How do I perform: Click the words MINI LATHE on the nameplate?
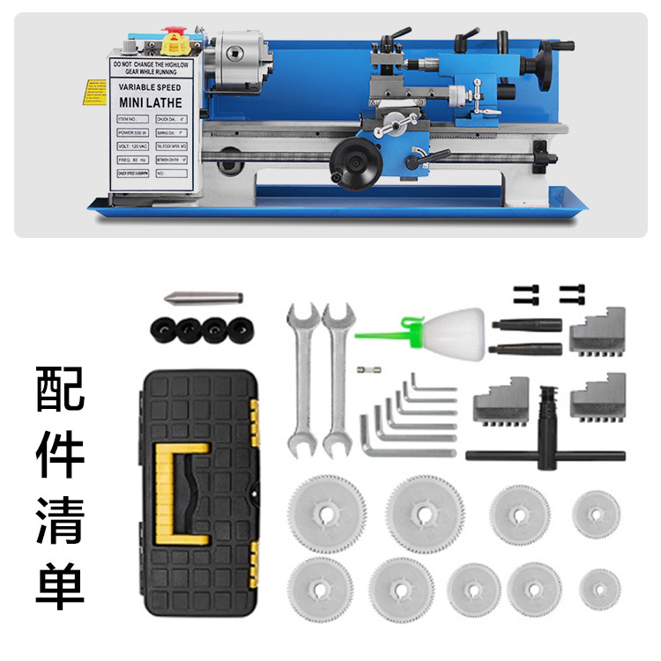pyautogui.click(x=150, y=103)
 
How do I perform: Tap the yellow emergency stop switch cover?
pyautogui.click(x=177, y=41)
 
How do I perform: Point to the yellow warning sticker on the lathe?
pyautogui.click(x=92, y=92)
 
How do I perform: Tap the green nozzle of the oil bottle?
pyautogui.click(x=384, y=332)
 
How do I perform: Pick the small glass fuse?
pyautogui.click(x=367, y=372)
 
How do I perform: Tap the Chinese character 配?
pyautogui.click(x=60, y=388)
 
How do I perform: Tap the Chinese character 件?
pyautogui.click(x=60, y=453)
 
